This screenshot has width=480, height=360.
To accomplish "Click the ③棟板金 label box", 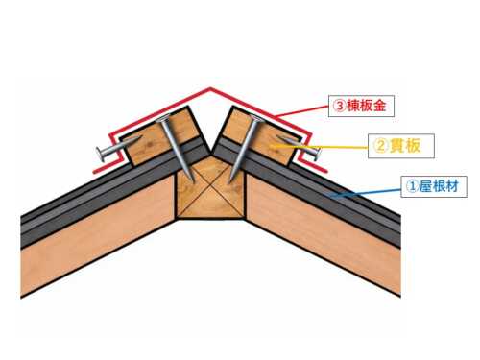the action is point(361,106).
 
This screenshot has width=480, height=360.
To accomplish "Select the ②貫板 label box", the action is point(401,146).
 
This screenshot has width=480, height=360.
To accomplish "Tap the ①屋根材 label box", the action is point(434,186).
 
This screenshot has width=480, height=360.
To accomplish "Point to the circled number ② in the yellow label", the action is point(380,146).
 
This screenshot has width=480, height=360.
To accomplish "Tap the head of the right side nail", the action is point(317,154).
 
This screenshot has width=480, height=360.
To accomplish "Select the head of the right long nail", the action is point(256,119).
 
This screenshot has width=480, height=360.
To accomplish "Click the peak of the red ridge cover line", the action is point(210,88).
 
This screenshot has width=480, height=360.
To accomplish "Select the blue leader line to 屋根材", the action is point(366,194).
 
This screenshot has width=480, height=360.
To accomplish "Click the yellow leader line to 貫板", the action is point(319,147).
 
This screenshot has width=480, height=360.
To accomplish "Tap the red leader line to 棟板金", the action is point(302,111).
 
